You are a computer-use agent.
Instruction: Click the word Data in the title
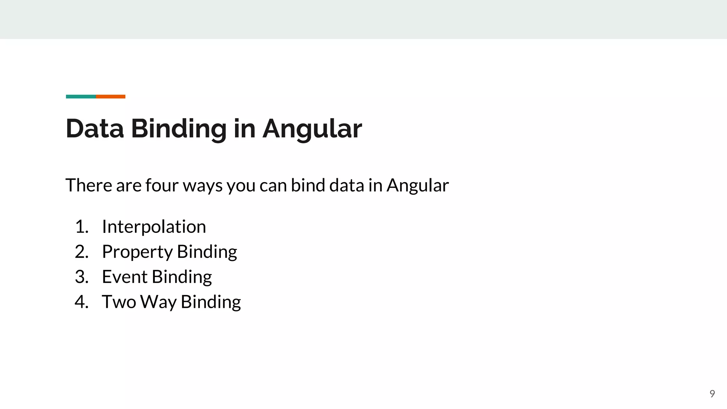pos(95,129)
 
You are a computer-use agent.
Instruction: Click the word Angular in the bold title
pos(312,129)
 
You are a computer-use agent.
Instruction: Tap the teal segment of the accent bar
pos(81,97)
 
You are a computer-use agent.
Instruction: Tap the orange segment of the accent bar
pos(110,97)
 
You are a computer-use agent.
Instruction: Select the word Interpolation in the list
pos(154,227)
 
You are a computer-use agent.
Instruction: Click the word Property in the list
pos(137,252)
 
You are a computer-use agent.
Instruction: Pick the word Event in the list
pos(124,277)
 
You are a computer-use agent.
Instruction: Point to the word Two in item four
pos(119,302)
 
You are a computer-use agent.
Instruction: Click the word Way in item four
pos(158,302)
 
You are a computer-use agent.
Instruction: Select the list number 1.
pos(81,227)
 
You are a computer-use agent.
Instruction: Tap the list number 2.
pos(81,252)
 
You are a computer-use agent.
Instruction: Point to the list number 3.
pos(81,277)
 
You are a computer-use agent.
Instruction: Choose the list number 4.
pos(81,302)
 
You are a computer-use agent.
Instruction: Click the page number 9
pos(712,393)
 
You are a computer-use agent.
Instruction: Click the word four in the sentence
pos(162,185)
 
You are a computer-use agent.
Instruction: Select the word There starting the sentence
pos(89,185)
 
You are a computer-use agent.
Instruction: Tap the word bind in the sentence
pos(308,185)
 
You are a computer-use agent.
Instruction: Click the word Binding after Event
pos(182,277)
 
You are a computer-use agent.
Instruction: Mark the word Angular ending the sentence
pos(417,186)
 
